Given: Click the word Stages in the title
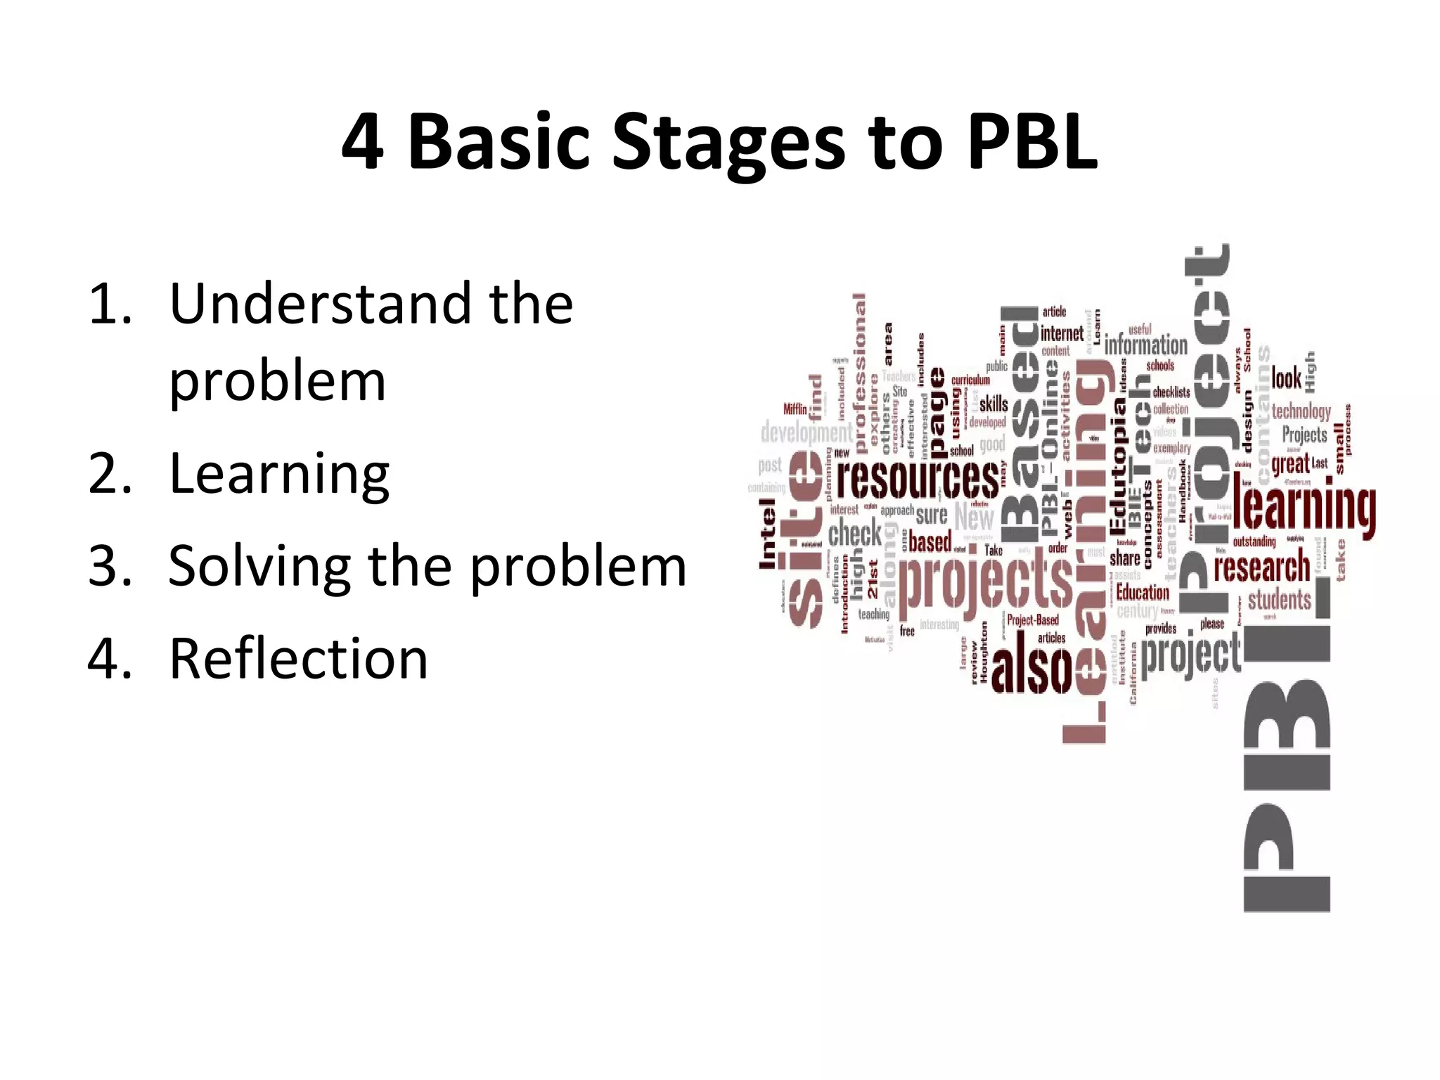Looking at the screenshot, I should [728, 144].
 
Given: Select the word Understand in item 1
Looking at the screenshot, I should [320, 304].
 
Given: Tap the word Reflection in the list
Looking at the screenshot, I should [298, 659].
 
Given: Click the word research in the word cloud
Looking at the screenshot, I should [1262, 568].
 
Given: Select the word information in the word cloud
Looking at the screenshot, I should [1145, 345].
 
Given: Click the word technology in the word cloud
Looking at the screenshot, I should [1301, 411].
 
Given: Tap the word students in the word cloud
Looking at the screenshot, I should [1279, 600].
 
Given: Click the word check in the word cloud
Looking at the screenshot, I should [854, 533].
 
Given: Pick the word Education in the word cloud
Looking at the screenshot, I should [1143, 592].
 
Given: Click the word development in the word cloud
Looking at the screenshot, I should [806, 432].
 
